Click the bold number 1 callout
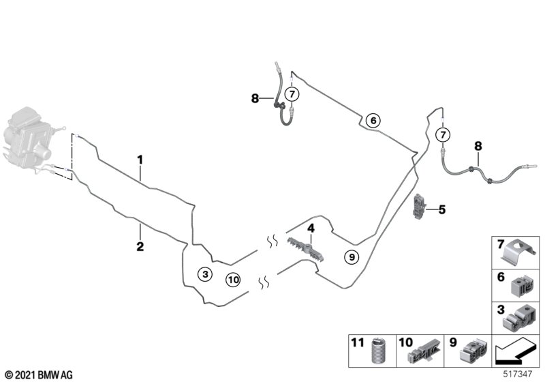(x=140, y=160)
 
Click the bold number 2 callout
(x=140, y=246)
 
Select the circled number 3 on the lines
(x=204, y=274)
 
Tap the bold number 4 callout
(x=310, y=228)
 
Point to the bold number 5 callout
(x=441, y=210)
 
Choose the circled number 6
(x=372, y=120)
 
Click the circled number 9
(x=351, y=256)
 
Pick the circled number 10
(x=233, y=279)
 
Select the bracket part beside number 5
(x=420, y=205)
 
